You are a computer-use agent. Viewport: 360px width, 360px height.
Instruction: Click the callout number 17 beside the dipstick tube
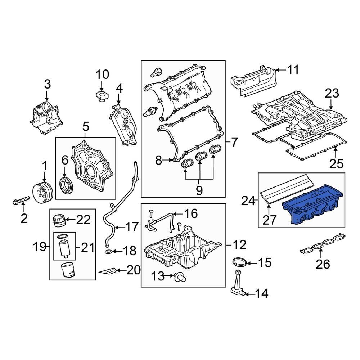(131, 227)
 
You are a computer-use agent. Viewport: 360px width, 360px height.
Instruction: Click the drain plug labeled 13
(179, 276)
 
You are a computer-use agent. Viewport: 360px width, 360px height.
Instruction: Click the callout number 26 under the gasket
(323, 264)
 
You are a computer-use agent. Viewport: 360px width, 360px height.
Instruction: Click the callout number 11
(293, 69)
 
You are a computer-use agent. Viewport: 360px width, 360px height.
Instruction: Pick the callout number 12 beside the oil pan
(239, 245)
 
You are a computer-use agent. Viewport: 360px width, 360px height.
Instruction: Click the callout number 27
(269, 220)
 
